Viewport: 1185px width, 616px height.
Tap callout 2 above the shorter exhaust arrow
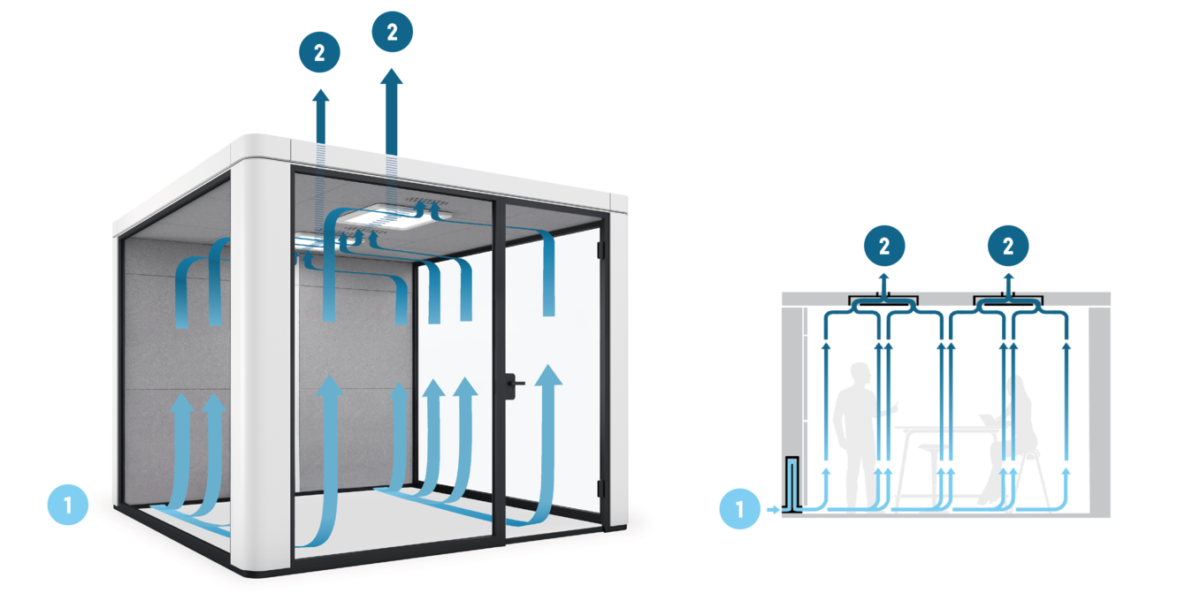tap(319, 52)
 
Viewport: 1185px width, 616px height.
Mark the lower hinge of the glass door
tap(600, 489)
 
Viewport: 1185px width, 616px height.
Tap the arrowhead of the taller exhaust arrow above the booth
tap(392, 79)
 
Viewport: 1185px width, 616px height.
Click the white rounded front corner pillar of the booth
tap(262, 354)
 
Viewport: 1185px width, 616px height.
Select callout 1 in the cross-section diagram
tap(739, 509)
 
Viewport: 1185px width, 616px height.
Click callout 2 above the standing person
tap(884, 247)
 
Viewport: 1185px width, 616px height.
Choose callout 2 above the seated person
tap(1008, 247)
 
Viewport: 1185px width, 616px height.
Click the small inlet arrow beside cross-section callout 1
tap(773, 510)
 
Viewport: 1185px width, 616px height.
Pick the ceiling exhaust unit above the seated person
tap(1008, 301)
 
